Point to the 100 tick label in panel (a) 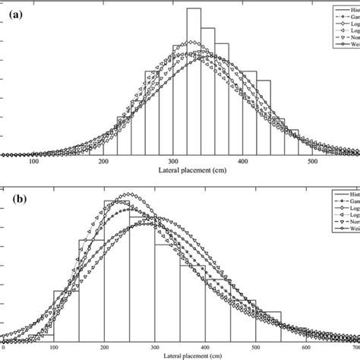coord(33,161)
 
